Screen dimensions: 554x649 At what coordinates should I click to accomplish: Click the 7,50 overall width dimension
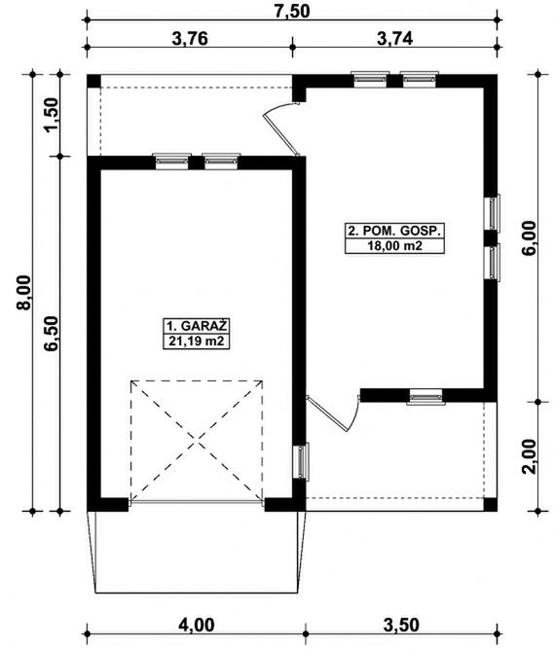pyautogui.click(x=292, y=11)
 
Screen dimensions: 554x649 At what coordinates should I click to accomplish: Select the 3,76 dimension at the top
pyautogui.click(x=189, y=39)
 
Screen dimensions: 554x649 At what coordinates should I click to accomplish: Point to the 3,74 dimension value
pyautogui.click(x=394, y=39)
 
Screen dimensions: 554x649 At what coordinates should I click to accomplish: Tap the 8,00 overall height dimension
pyautogui.click(x=23, y=292)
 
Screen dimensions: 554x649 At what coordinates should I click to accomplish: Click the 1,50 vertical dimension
pyautogui.click(x=52, y=115)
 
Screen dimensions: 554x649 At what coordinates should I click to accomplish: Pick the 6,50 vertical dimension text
pyautogui.click(x=52, y=333)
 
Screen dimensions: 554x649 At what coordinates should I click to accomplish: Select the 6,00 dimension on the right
pyautogui.click(x=529, y=238)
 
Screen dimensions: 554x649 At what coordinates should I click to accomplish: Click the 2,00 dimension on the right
pyautogui.click(x=529, y=456)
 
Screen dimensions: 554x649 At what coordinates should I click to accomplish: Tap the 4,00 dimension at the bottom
pyautogui.click(x=197, y=625)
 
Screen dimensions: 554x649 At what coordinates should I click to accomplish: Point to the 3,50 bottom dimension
pyautogui.click(x=401, y=625)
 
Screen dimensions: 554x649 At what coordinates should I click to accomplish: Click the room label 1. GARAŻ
pyautogui.click(x=197, y=326)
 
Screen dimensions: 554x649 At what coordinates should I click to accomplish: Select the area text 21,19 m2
pyautogui.click(x=197, y=342)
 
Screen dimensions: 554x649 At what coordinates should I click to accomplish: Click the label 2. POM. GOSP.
pyautogui.click(x=393, y=231)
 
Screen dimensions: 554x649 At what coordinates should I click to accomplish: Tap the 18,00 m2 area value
pyautogui.click(x=394, y=246)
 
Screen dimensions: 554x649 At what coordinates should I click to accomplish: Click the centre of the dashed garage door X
pyautogui.click(x=197, y=441)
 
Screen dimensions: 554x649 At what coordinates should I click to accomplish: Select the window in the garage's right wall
pyautogui.click(x=302, y=461)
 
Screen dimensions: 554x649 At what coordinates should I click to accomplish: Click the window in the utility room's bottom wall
pyautogui.click(x=425, y=397)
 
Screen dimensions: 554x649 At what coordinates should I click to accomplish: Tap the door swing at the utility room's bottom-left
pyautogui.click(x=334, y=413)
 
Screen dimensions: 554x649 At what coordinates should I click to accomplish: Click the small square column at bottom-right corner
pyautogui.click(x=491, y=504)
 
